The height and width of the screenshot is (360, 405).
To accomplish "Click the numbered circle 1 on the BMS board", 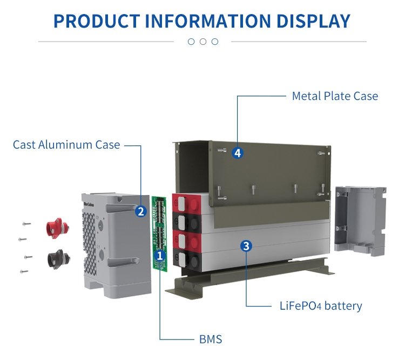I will tap(159, 254).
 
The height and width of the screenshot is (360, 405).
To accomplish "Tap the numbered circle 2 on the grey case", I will tap(141, 211).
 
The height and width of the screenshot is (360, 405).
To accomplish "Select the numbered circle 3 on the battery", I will tap(246, 246).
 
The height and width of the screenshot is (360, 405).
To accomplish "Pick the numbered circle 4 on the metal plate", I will tap(238, 153).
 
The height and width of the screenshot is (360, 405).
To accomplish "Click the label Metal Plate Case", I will tap(335, 96).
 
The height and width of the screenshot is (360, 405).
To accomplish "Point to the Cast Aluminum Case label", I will tap(66, 145).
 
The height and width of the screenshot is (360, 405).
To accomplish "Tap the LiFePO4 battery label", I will tap(318, 306).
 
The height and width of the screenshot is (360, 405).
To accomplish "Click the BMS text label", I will tap(211, 339).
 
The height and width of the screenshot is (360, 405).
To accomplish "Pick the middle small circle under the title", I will tap(202, 42).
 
